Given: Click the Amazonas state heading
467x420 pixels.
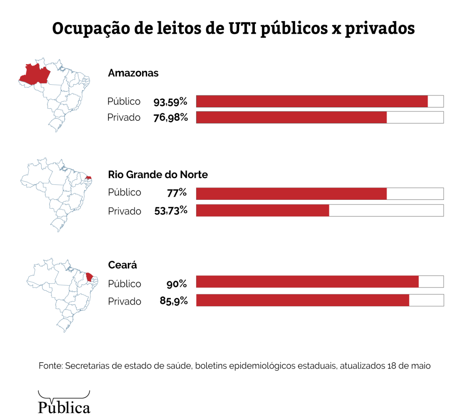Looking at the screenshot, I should click(x=133, y=73).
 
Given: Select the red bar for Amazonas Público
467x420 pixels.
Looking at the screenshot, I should click(x=312, y=101).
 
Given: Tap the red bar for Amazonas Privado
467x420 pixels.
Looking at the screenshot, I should click(x=291, y=117).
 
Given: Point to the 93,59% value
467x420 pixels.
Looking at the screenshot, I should click(x=170, y=102).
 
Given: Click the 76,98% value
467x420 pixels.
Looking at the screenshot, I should click(x=170, y=118).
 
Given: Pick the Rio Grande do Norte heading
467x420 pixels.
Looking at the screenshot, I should click(x=158, y=174).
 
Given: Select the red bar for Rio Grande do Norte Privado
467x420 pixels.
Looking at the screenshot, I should click(x=263, y=210).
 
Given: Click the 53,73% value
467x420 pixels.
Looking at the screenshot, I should click(x=171, y=211).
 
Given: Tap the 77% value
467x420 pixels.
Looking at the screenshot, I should click(x=177, y=192).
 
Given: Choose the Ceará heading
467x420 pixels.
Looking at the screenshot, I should click(x=122, y=265).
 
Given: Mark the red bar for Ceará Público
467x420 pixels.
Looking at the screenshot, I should click(x=307, y=282).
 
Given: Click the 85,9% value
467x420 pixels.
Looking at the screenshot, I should click(x=174, y=301).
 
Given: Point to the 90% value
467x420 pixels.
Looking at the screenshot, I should click(x=176, y=284).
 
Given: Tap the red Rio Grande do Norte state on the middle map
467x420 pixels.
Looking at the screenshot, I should click(x=89, y=178).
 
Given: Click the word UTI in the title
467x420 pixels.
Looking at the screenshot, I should click(x=243, y=28).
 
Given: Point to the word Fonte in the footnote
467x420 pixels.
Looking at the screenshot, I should click(x=50, y=366).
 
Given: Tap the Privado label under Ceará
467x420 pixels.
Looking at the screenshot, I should click(x=124, y=301).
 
